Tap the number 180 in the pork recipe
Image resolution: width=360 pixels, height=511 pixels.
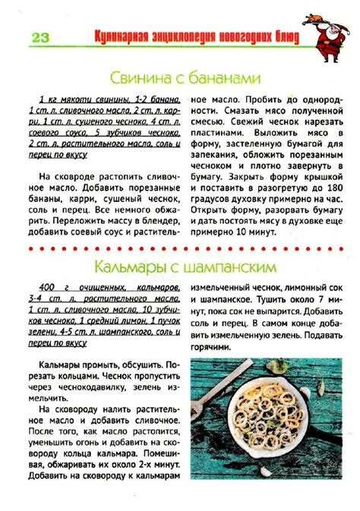331,186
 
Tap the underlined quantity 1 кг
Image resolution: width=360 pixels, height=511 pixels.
46,99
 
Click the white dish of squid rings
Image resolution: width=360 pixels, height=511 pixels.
267,410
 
